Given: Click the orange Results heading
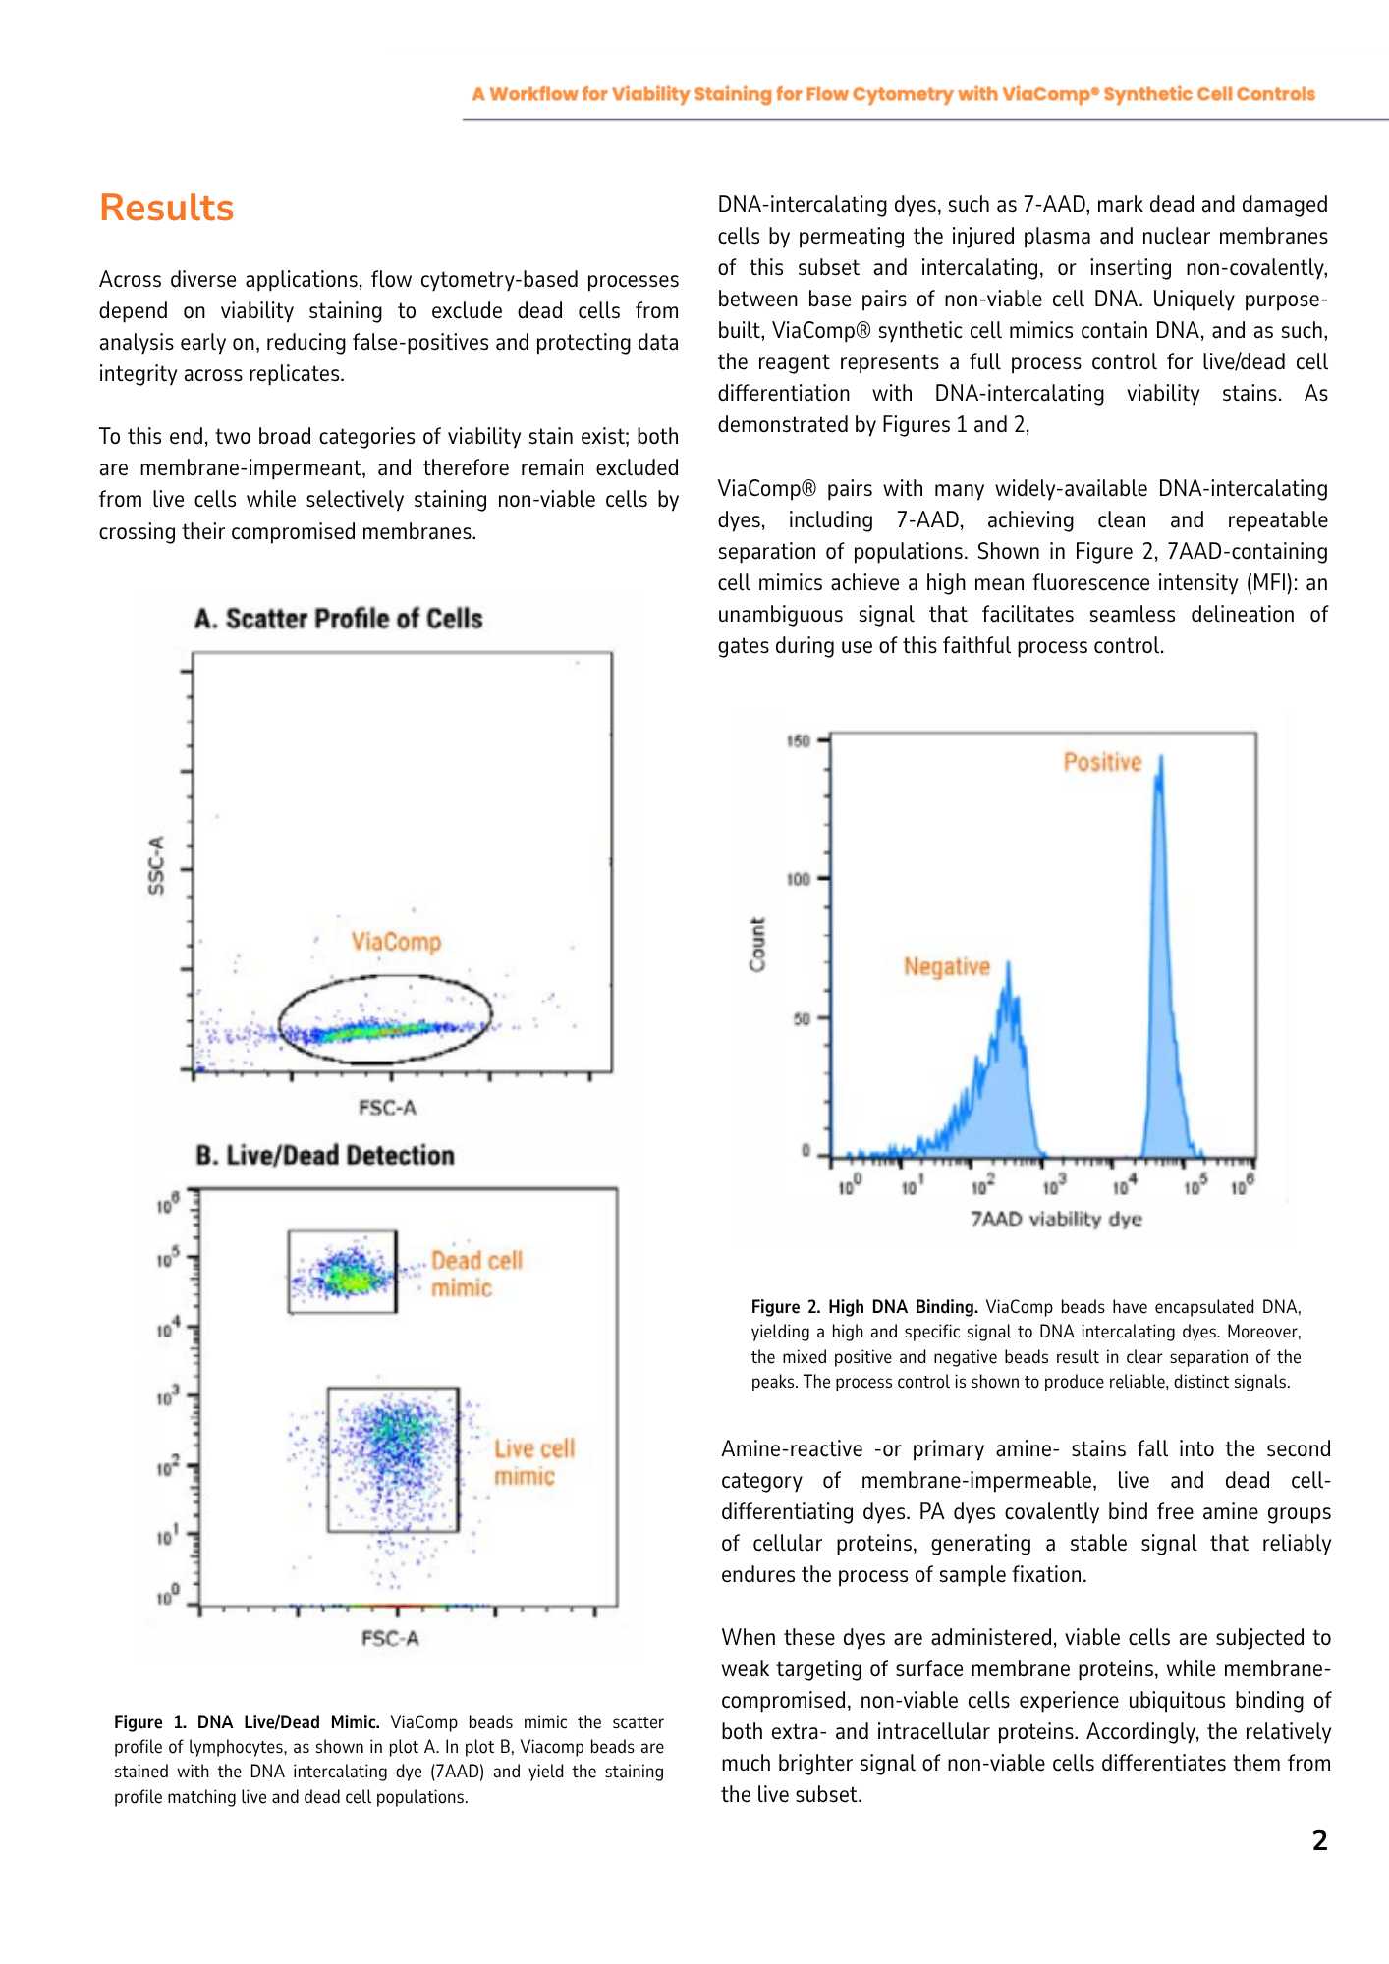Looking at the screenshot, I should pos(167,208).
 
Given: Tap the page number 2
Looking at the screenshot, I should pos(1319,1840).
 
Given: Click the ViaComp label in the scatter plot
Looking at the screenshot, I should pos(396,942).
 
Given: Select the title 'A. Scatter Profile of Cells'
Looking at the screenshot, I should pos(339,619).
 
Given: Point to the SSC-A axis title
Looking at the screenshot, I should pos(156,865).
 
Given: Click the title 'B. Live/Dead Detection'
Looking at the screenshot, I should pos(325,1155).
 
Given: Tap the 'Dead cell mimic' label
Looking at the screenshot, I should pos(476,1274).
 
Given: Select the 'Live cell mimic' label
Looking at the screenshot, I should pos(533,1462).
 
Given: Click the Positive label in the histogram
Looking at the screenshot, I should pos(1102,762).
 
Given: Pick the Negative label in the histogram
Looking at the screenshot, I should pos(947,967).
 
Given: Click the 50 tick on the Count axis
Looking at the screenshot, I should pos(802,1018).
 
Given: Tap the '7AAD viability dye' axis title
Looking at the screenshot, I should pos(1056,1219).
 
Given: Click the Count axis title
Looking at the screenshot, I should pos(757,945).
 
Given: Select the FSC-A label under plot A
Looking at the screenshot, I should pos(387,1108).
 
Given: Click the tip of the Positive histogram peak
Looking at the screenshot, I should pos(1161,757).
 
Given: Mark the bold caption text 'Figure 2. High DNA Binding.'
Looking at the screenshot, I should pos(864,1307).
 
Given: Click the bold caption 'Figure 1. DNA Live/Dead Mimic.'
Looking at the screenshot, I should pos(247,1721).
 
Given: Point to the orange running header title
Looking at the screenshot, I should pos(893,94).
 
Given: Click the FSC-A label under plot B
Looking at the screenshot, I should pos(390,1638).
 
